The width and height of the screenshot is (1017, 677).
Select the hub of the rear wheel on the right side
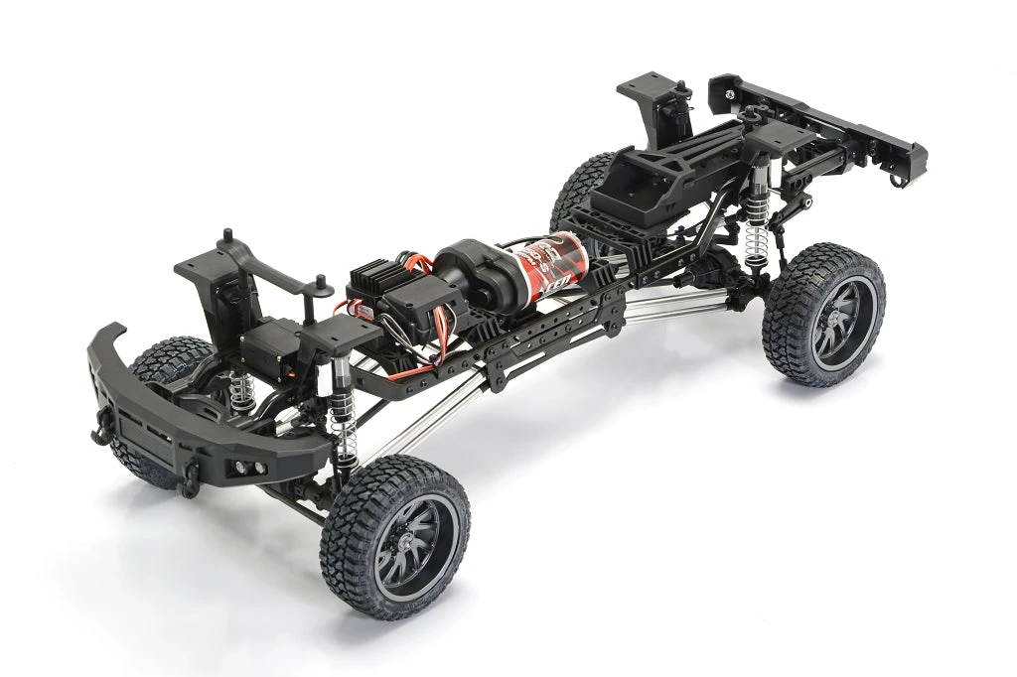(829, 322)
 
